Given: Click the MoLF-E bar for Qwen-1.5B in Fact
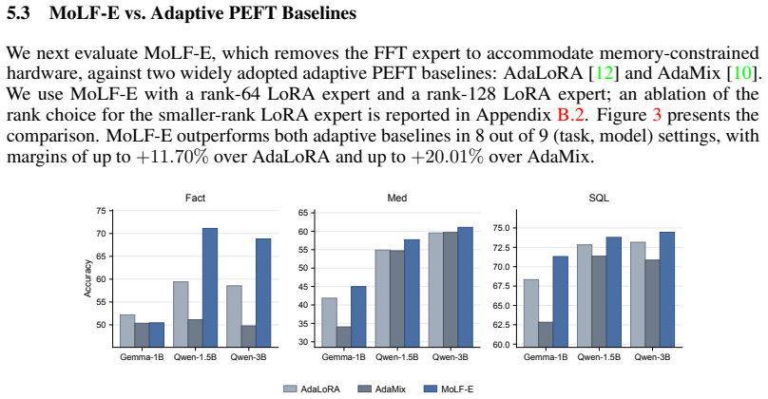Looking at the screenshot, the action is [210, 288].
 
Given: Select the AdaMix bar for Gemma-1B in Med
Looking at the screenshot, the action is [343, 337].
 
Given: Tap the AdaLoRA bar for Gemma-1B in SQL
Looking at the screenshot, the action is [531, 313].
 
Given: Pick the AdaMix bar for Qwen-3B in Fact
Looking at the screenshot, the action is [248, 336].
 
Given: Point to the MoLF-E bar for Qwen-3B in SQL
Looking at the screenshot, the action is [667, 290].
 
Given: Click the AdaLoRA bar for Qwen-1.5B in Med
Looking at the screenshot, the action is [382, 298].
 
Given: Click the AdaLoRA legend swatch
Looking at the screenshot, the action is [290, 389].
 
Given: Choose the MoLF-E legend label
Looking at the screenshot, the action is [457, 389].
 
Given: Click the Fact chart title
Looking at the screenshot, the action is [195, 198].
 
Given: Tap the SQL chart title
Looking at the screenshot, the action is [599, 198].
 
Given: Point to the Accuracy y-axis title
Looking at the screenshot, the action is [87, 278].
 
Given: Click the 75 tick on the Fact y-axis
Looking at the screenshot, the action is [101, 211].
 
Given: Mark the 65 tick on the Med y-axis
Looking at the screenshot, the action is [302, 213].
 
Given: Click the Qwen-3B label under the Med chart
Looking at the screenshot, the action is [450, 357].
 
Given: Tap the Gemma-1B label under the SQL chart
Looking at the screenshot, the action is [546, 357].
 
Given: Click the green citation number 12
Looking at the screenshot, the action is [604, 73].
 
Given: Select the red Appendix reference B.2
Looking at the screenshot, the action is [570, 115].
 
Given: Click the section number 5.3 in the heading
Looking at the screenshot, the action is [18, 12].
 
